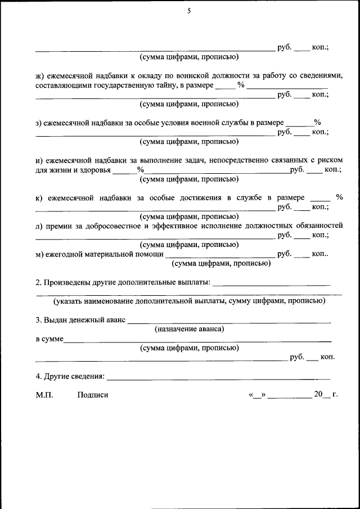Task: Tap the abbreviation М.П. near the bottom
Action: [44, 395]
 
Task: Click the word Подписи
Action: [93, 395]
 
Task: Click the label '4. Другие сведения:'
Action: [70, 375]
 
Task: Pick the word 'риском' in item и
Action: [330, 160]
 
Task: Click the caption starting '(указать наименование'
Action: [189, 301]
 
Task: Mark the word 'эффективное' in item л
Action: [174, 226]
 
